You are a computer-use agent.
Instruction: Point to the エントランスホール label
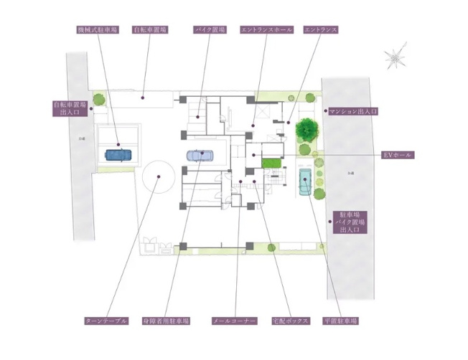[x=266, y=30]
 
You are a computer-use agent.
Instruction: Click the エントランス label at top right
[x=319, y=30]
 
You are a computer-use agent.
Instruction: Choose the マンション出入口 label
[x=353, y=112]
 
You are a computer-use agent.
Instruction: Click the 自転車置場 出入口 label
[x=70, y=108]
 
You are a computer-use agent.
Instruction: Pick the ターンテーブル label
[x=106, y=321]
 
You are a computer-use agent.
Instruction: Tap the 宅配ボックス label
[x=289, y=321]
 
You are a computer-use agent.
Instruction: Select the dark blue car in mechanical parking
[x=118, y=153]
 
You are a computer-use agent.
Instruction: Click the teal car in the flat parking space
[x=305, y=182]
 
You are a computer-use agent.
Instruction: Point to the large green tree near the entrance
[x=306, y=130]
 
